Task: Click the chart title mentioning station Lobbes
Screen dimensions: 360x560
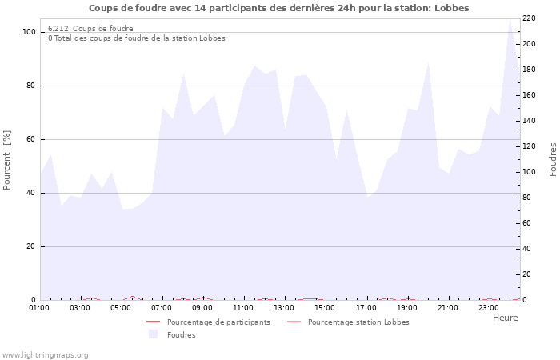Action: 278,8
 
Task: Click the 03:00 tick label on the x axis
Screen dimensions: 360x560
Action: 80,307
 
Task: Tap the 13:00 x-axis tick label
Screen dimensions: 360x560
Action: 285,307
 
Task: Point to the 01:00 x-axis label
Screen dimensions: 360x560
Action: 39,307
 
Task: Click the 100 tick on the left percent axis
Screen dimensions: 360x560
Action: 29,32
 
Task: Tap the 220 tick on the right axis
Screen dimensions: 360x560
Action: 529,18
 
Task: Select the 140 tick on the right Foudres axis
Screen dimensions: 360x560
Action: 529,121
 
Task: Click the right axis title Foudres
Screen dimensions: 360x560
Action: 553,159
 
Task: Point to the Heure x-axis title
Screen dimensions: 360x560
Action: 505,318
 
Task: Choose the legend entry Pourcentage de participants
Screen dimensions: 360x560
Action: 218,322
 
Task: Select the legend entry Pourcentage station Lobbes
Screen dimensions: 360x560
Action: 358,322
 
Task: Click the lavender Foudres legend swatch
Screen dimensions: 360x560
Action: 153,334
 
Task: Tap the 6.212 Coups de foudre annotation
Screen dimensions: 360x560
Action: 90,29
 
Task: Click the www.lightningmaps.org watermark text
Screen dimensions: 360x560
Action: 45,355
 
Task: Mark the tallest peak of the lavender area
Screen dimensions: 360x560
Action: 510,20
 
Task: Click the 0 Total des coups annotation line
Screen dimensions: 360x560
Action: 136,38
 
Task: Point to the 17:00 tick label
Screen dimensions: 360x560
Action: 366,307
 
